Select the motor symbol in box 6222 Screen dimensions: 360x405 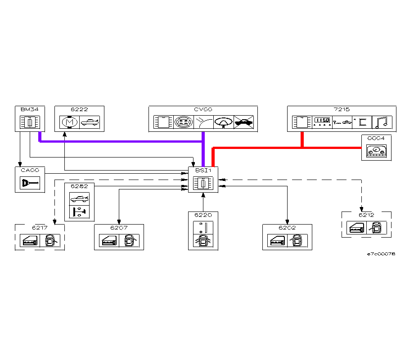(69, 122)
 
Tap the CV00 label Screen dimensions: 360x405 (203, 109)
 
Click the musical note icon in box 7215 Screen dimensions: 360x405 (382, 122)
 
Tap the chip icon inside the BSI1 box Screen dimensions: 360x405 (203, 183)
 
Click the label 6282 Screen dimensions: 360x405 (79, 186)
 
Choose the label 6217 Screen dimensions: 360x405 (40, 227)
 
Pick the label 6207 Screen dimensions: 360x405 (119, 227)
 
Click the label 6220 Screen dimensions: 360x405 (203, 215)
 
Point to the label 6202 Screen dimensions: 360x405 (287, 227)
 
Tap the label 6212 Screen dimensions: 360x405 (366, 215)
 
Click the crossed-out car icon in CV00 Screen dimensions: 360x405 (243, 122)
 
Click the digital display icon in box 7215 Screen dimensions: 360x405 (322, 122)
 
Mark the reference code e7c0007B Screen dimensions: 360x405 (381, 254)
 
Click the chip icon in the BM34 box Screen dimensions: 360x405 (30, 122)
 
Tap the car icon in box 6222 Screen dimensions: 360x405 (89, 122)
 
